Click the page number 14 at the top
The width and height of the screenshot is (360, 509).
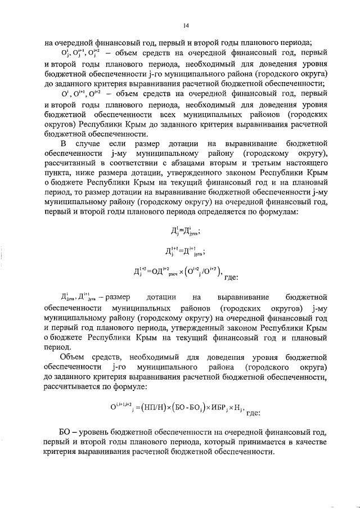tap(186, 25)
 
